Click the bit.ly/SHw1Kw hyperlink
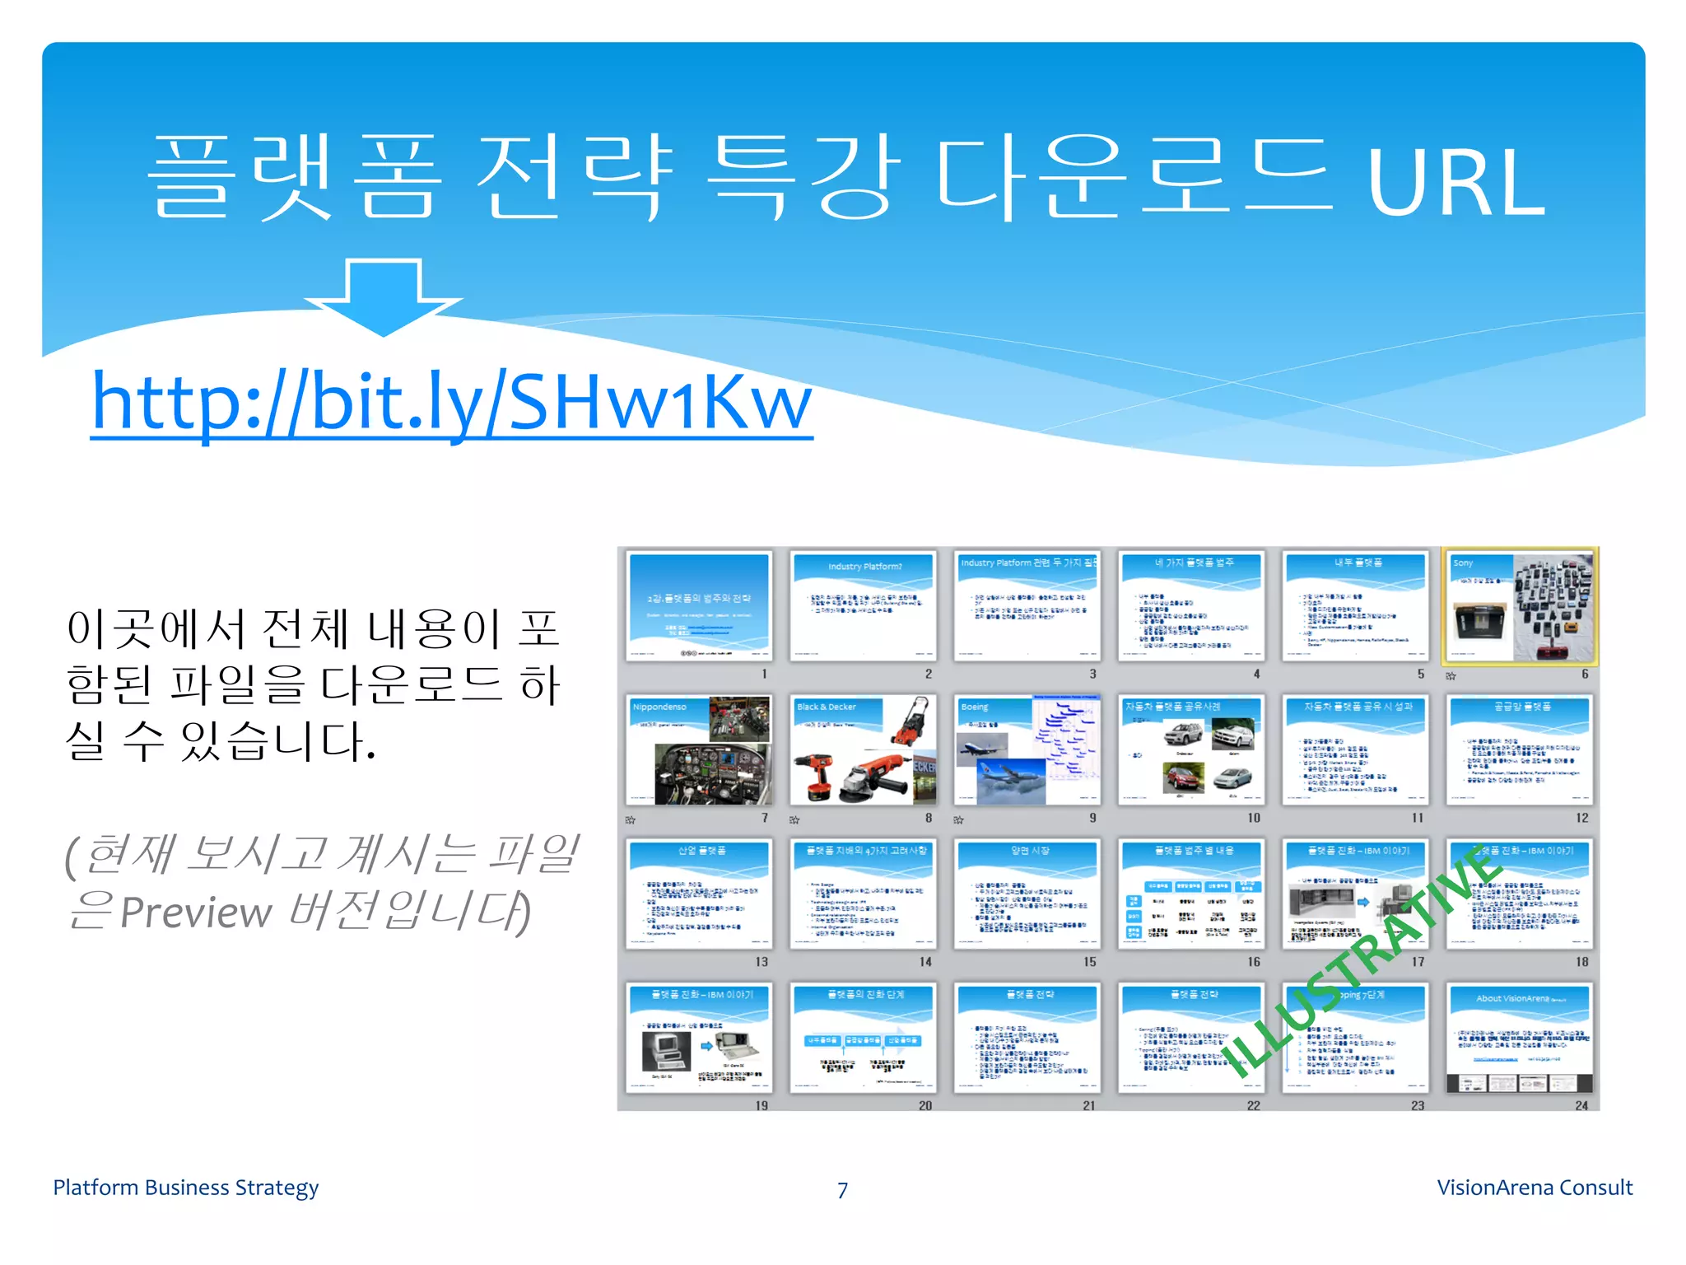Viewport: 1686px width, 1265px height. pos(451,404)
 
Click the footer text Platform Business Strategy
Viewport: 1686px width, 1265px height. pos(185,1188)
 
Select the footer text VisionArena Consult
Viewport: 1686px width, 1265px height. pos(1535,1188)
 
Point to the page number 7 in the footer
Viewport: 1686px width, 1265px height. pos(842,1190)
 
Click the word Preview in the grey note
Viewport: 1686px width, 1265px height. pos(196,913)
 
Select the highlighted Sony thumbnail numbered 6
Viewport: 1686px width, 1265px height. pos(1520,606)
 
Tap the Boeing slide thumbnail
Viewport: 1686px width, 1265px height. pos(1027,750)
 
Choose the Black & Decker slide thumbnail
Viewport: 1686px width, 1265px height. pos(863,750)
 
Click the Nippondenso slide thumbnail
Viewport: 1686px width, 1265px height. pos(699,750)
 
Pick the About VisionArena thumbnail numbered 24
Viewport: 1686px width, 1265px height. pos(1520,1038)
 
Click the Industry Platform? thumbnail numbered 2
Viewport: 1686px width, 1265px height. pos(863,606)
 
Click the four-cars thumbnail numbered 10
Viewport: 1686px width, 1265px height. pos(1191,750)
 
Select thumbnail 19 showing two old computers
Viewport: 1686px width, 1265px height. pos(699,1038)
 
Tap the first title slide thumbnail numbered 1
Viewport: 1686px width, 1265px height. pos(699,606)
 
